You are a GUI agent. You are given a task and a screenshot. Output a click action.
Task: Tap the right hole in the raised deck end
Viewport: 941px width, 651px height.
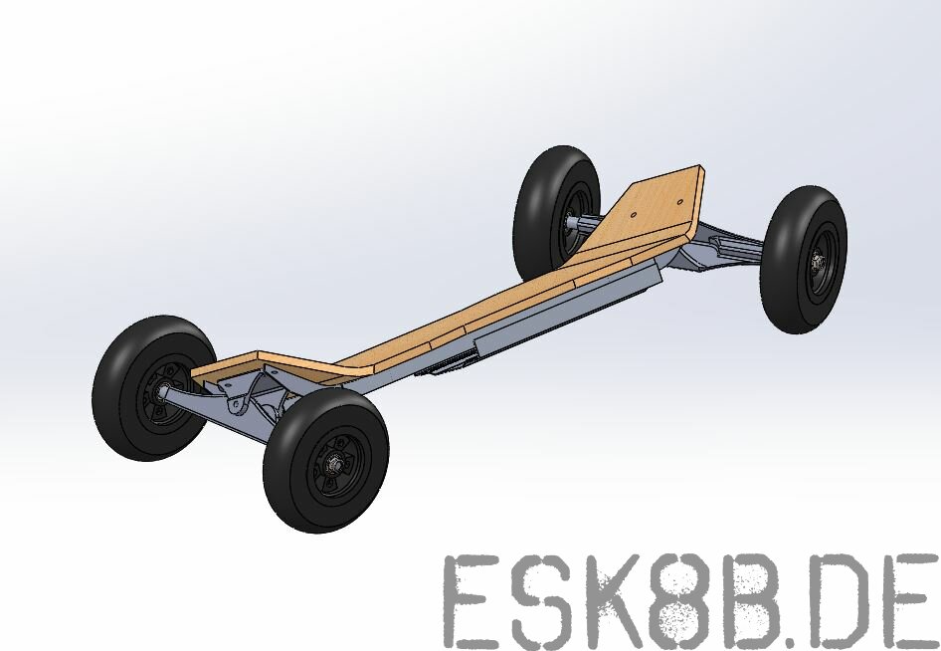(x=680, y=198)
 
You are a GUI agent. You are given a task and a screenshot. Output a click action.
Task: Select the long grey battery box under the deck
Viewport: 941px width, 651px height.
(x=567, y=309)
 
